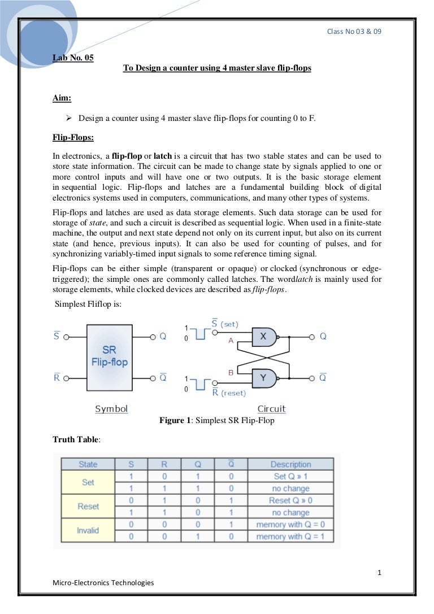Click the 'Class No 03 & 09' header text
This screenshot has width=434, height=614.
click(354, 31)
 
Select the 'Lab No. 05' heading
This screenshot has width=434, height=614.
click(73, 57)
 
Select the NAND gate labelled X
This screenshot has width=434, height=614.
click(263, 336)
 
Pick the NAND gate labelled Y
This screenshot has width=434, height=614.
click(263, 377)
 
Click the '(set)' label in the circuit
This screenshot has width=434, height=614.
click(229, 325)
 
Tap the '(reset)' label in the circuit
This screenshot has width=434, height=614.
click(233, 393)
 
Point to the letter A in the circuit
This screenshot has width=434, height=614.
click(231, 341)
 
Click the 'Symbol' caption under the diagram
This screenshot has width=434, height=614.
click(111, 408)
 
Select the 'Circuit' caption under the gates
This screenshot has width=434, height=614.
click(271, 408)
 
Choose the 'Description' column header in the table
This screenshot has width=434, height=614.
click(290, 464)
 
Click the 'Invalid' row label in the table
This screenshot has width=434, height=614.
click(88, 530)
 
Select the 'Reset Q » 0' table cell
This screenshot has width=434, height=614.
click(290, 500)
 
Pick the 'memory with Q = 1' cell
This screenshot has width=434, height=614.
click(290, 537)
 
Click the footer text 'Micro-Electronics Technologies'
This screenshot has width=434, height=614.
click(103, 582)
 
